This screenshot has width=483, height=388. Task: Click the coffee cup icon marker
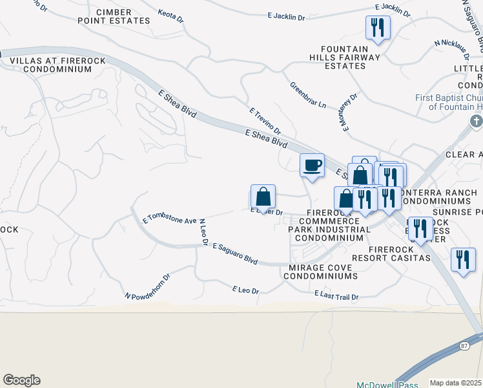[313, 166]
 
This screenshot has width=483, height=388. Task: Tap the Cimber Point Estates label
[123, 16]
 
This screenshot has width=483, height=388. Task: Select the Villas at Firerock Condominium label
[50, 65]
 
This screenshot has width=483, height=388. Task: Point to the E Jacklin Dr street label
[285, 16]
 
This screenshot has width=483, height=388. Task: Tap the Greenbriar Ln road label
[307, 95]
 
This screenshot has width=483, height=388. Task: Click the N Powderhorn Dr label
[147, 286]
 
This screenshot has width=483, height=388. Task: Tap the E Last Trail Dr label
[336, 296]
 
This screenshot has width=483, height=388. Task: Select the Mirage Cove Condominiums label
[323, 272]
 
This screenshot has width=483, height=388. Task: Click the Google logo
[21, 380]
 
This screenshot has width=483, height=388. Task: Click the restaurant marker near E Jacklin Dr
[377, 28]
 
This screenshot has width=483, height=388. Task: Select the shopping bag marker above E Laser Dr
[263, 197]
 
